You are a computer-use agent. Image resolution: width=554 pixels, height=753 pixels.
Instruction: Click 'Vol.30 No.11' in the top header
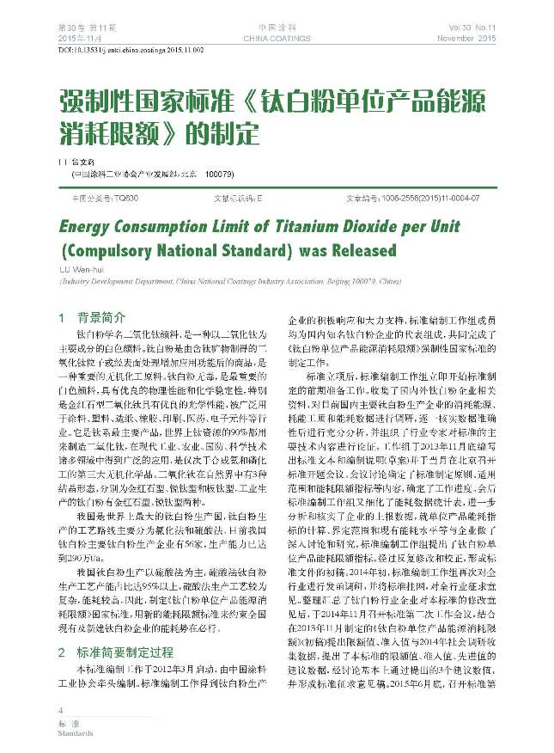(x=472, y=29)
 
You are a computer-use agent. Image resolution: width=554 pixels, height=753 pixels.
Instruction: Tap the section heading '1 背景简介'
(x=92, y=316)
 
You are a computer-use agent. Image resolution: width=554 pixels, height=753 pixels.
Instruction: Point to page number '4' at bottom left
(x=60, y=711)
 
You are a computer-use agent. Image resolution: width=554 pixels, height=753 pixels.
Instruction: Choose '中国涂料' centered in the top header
(x=277, y=29)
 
